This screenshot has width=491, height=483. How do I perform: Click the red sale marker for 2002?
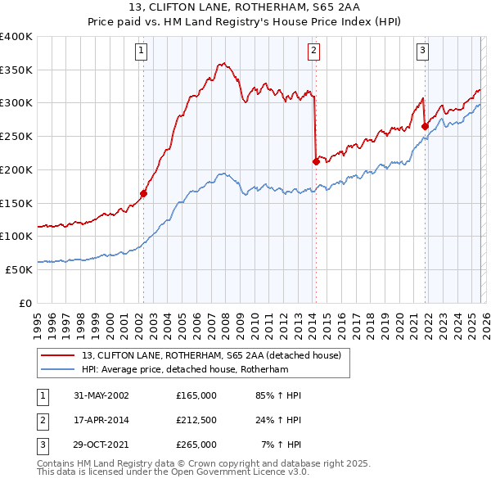click(143, 194)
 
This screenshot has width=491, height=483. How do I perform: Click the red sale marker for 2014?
click(315, 161)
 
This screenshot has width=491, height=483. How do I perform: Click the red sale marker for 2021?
click(425, 126)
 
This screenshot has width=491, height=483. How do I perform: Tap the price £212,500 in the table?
click(196, 420)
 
